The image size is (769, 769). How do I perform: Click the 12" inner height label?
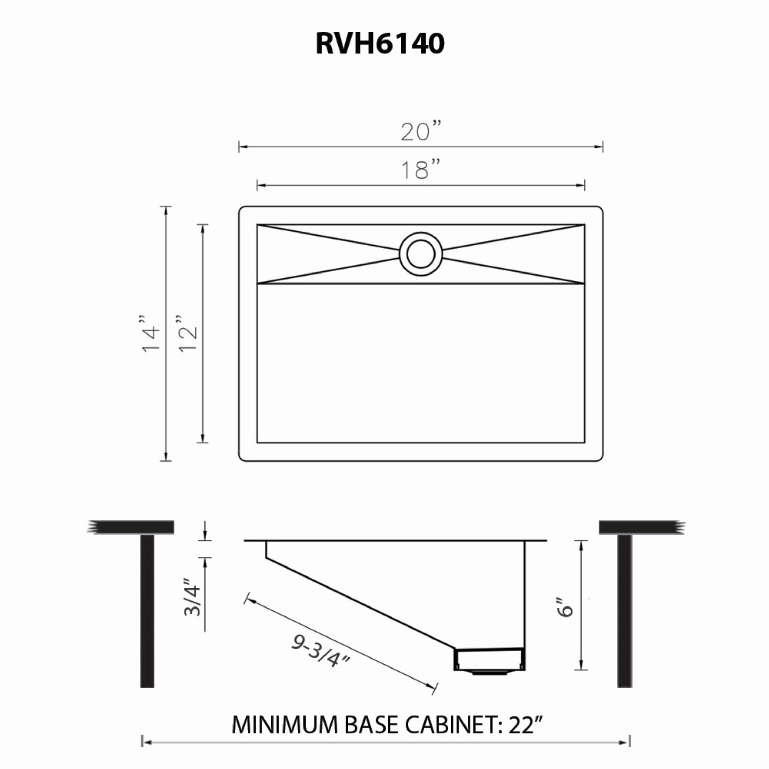pos(187,333)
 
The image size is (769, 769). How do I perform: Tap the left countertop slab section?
pos(131,527)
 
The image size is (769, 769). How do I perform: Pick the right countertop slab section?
pos(641,527)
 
